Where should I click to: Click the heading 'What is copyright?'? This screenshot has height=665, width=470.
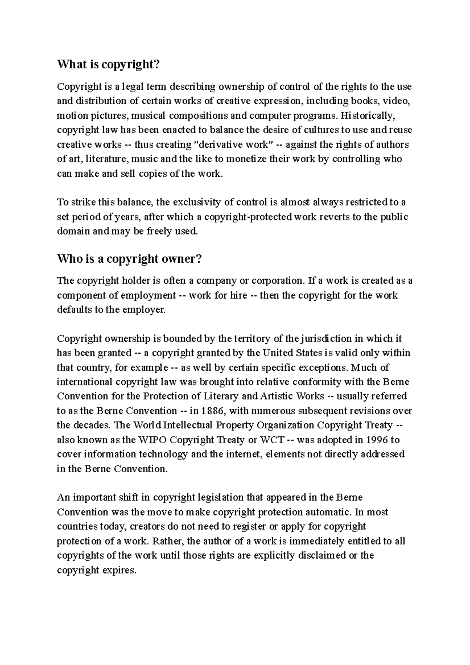pyautogui.click(x=109, y=65)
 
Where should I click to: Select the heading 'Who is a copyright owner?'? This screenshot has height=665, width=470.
pyautogui.click(x=129, y=259)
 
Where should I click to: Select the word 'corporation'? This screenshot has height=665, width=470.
pyautogui.click(x=277, y=281)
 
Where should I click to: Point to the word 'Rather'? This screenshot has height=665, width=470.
pyautogui.click(x=167, y=541)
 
